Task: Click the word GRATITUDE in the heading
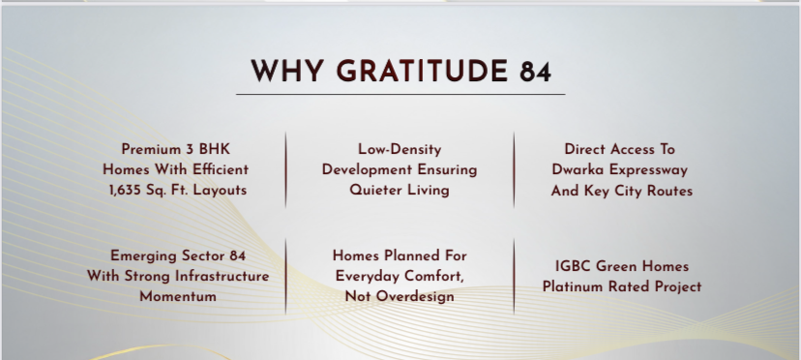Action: [x=421, y=71]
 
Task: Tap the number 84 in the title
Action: [x=536, y=71]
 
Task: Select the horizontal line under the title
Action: [x=400, y=94]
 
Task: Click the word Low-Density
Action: [x=400, y=149]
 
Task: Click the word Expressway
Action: [x=651, y=170]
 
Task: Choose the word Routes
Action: [x=669, y=191]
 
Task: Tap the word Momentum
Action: [x=178, y=296]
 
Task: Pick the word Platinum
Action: [x=575, y=286]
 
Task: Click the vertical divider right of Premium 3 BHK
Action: [x=285, y=169]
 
